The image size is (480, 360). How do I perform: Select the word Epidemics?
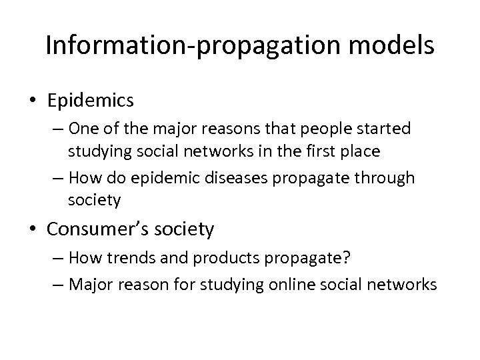click(x=91, y=101)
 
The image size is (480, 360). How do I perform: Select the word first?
click(x=308, y=151)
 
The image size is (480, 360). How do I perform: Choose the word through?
click(x=390, y=179)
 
